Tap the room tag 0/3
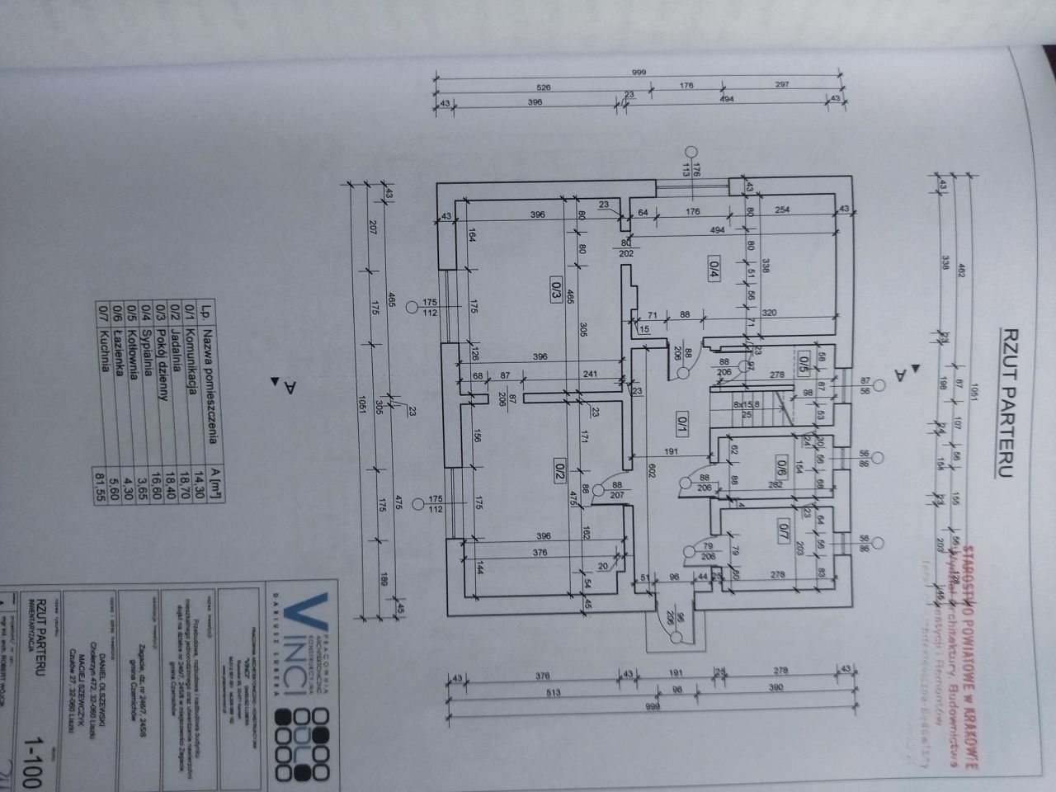(556, 290)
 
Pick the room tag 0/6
(780, 464)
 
